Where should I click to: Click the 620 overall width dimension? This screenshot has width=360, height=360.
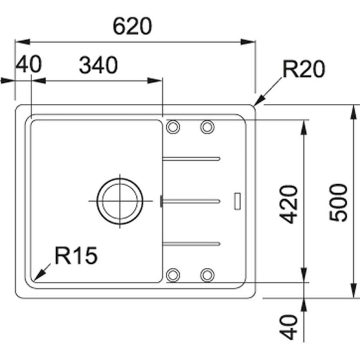coord(133,27)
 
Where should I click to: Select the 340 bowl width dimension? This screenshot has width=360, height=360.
coord(98,65)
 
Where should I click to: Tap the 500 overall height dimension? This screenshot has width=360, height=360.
coord(339,202)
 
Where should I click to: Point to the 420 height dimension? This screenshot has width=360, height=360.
coord(290,204)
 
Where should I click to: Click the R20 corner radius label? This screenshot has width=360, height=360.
coord(303,69)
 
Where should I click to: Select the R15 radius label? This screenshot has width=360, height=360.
coord(76,256)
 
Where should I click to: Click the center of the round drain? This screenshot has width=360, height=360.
coord(120,201)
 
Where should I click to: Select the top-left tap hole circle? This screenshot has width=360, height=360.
coord(173,127)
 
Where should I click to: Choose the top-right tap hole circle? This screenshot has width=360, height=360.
coord(207,127)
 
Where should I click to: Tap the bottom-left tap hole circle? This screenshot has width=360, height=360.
coord(173,275)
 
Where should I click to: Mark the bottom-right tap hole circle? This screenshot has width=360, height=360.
coord(207,275)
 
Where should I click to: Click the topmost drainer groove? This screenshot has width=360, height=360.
coord(192,159)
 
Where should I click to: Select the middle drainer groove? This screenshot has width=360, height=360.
coord(192,201)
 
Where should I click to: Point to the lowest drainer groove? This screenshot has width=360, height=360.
coord(192,243)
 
